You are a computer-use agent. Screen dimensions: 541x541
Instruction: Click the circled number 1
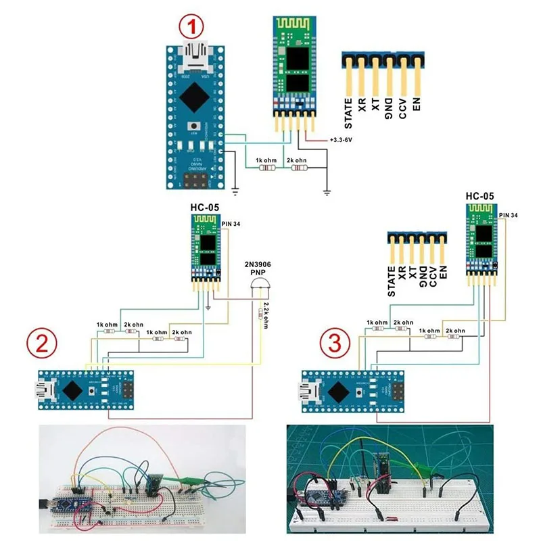(191, 28)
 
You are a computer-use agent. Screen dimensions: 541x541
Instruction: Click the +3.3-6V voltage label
(344, 139)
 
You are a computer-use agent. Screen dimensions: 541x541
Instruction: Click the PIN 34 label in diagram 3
(509, 214)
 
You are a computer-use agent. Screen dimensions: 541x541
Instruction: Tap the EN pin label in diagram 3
(444, 273)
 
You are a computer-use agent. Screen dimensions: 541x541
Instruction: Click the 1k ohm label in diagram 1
(264, 160)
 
